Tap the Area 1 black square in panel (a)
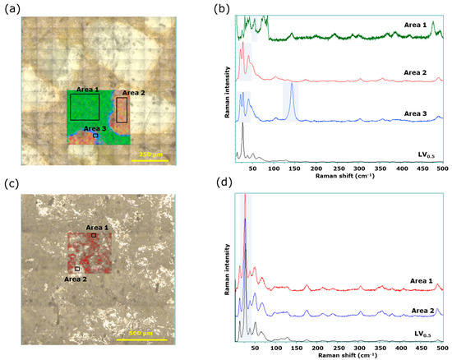click(85, 107)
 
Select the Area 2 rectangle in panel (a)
click(122, 109)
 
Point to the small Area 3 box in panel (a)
click(95, 136)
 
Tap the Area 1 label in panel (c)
click(97, 228)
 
